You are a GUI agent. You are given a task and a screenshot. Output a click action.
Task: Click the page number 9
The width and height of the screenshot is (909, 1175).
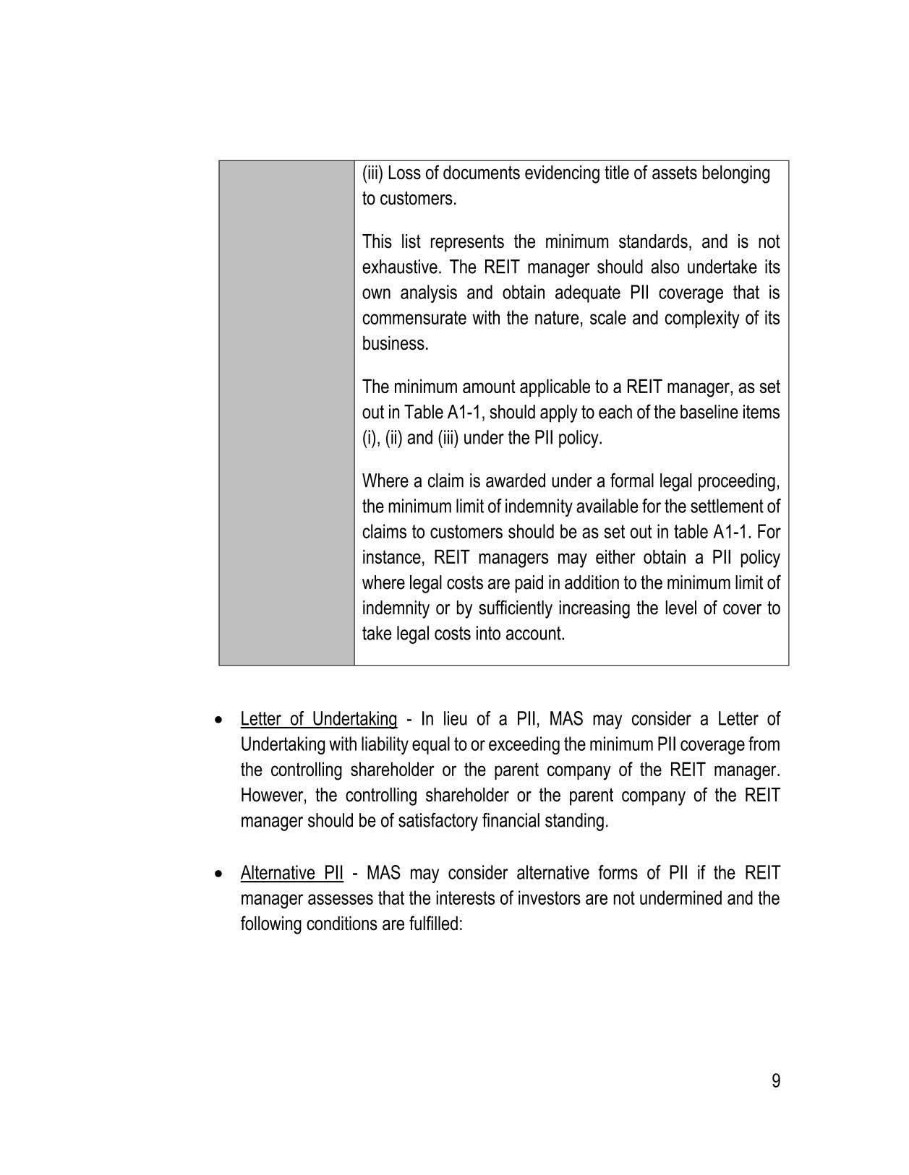click(x=776, y=1081)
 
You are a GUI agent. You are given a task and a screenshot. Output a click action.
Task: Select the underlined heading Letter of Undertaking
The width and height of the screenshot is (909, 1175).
click(x=318, y=720)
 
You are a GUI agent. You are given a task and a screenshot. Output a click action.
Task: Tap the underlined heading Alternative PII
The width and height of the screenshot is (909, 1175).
click(x=291, y=873)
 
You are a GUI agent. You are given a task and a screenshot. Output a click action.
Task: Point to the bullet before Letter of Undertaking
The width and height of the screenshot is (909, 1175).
click(x=219, y=720)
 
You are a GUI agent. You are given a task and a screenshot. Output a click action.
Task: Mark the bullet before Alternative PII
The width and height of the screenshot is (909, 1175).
click(x=219, y=874)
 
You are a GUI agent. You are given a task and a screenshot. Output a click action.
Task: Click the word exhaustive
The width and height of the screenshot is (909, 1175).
click(x=400, y=267)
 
